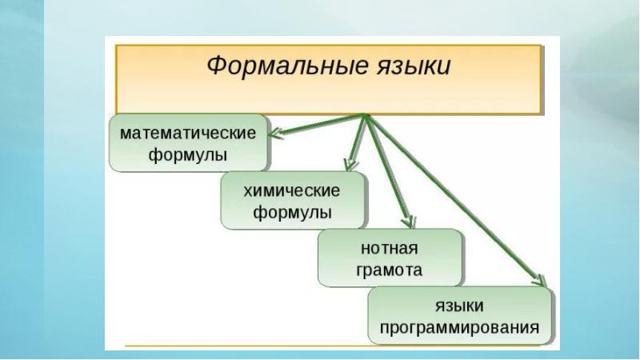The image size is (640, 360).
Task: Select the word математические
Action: click(188, 131)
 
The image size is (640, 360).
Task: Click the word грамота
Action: click(390, 270)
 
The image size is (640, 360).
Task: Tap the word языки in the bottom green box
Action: click(460, 306)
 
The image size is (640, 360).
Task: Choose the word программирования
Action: click(460, 327)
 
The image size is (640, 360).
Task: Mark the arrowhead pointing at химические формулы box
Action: click(350, 166)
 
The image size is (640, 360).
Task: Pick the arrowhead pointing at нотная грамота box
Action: click(408, 221)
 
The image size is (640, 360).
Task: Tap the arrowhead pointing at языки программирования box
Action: click(541, 280)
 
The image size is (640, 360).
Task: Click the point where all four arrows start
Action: click(365, 116)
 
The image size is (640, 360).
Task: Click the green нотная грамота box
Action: click(390, 258)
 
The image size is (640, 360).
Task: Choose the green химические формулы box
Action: click(292, 202)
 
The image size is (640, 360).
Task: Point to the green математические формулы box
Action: click(188, 142)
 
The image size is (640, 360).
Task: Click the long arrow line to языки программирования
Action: click(456, 200)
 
